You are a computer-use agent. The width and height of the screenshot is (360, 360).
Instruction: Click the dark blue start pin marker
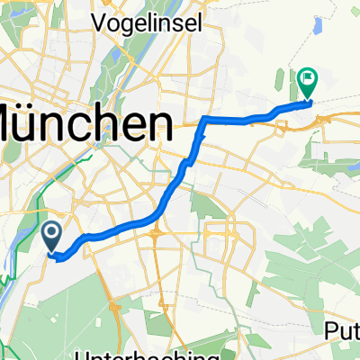(51, 238)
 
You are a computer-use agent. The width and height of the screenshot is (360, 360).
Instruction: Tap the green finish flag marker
(308, 83)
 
